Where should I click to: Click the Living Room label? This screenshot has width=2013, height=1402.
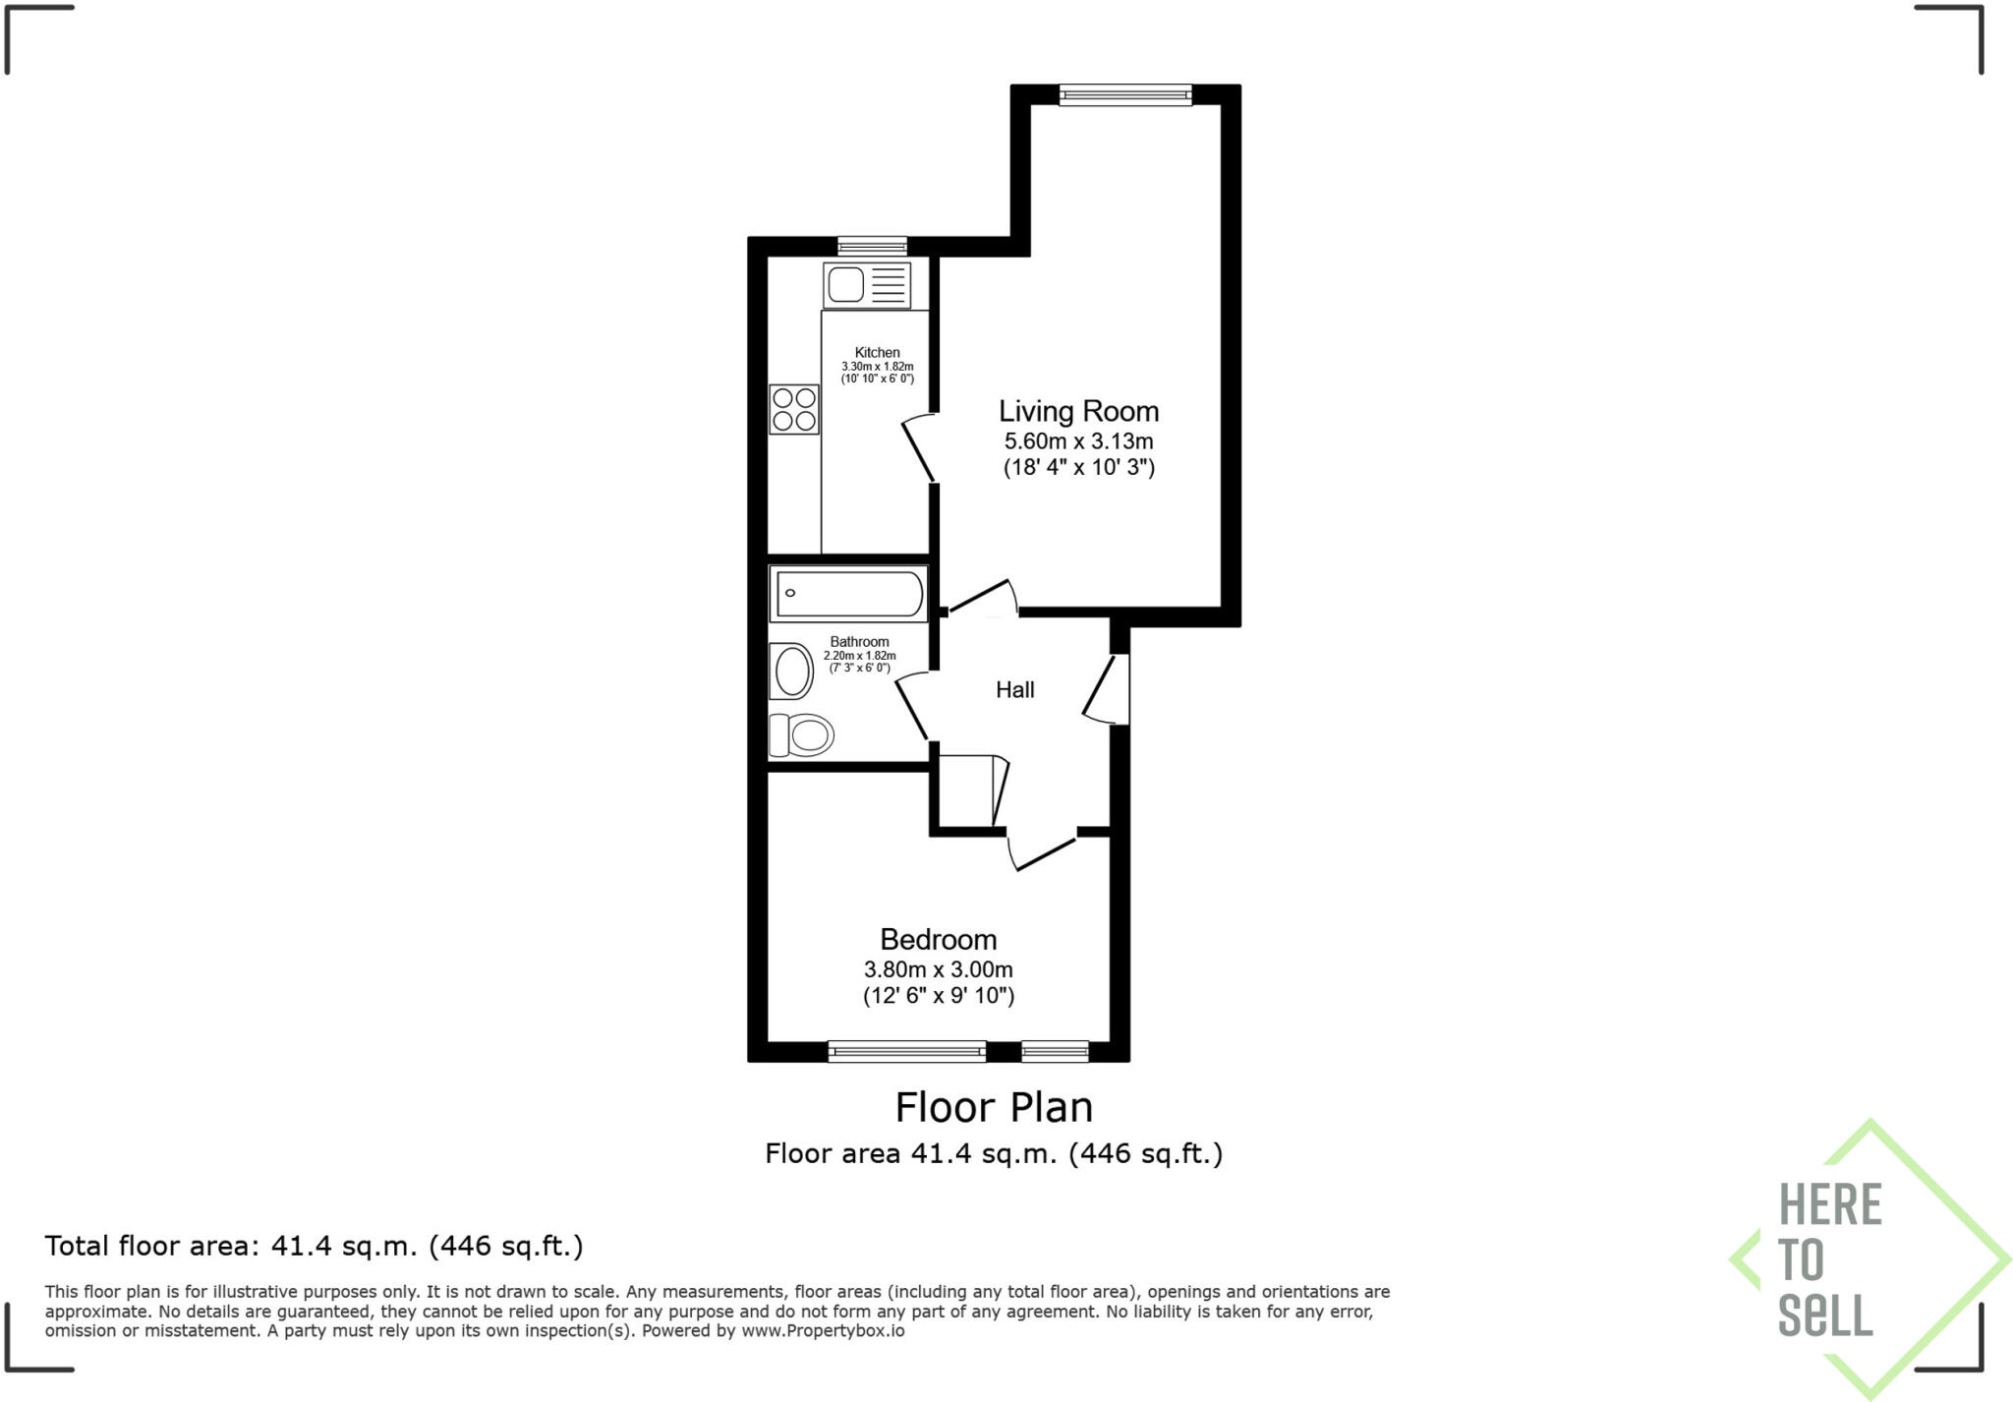(x=1078, y=411)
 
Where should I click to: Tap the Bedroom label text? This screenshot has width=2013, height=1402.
(x=938, y=939)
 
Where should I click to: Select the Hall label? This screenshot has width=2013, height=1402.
(x=1014, y=690)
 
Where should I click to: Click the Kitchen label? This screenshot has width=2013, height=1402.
(x=877, y=352)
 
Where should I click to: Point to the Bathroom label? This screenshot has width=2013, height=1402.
(x=859, y=642)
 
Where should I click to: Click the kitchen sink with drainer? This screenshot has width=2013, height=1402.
(x=867, y=285)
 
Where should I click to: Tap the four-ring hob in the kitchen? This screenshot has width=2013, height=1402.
(x=794, y=409)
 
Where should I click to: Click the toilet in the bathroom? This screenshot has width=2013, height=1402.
(x=802, y=734)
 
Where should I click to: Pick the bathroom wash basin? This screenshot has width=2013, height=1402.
(x=792, y=672)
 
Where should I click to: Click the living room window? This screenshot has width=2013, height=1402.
(x=1125, y=94)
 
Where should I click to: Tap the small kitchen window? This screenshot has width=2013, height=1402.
(x=872, y=246)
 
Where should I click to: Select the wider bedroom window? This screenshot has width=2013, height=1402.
(x=906, y=1052)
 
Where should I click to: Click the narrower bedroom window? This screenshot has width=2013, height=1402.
(x=1055, y=1052)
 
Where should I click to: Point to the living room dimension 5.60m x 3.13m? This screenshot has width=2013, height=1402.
(x=1078, y=441)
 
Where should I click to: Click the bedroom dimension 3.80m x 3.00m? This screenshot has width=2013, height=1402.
(x=938, y=969)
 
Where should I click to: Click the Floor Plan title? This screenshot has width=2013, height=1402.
(x=994, y=1107)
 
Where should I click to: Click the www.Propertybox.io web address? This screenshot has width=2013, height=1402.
(x=823, y=1331)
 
